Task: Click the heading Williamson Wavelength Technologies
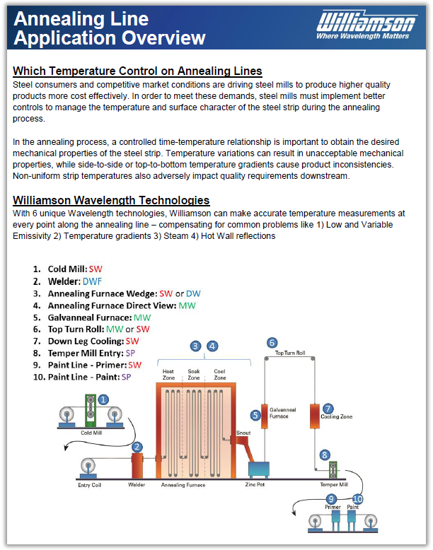click(x=111, y=201)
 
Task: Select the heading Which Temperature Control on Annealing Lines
click(x=138, y=71)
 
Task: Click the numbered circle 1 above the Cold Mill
click(x=103, y=399)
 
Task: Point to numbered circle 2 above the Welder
click(x=137, y=447)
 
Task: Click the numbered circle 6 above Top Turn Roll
click(x=272, y=342)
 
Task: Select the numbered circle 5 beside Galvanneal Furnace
click(x=255, y=415)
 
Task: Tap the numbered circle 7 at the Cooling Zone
click(x=328, y=409)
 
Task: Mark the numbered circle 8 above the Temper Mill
click(x=325, y=455)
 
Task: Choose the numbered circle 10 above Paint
click(x=357, y=499)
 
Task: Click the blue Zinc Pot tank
click(x=259, y=469)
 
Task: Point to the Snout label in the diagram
click(x=243, y=433)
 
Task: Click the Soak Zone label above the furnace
click(x=193, y=374)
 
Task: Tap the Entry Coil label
click(x=89, y=485)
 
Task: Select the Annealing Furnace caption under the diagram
click(x=183, y=486)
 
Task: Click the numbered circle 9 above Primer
click(x=333, y=499)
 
